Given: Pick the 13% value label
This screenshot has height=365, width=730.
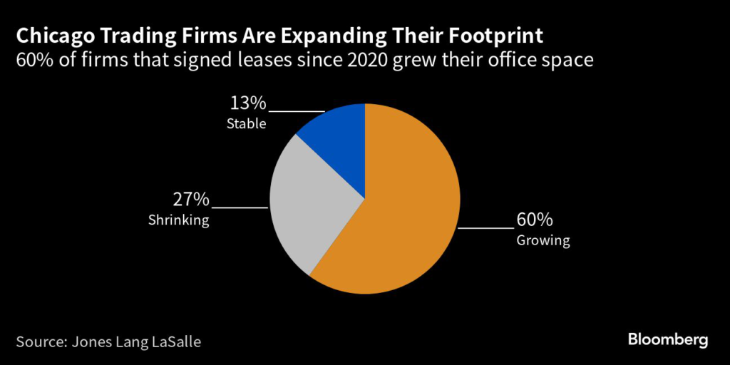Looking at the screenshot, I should [x=247, y=104].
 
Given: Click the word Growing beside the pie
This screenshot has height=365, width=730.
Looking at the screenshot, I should [x=543, y=240].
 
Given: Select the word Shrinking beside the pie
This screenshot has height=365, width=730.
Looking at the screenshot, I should [x=178, y=220].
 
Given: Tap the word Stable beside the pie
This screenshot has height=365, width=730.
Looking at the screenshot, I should [x=246, y=124].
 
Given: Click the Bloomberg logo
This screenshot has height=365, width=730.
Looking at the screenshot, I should [x=668, y=339].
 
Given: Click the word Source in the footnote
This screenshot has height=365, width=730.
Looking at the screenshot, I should [x=41, y=341].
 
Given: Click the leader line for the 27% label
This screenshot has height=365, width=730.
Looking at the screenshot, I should [x=240, y=207].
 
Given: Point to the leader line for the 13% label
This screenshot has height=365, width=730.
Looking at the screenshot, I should [x=297, y=111].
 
